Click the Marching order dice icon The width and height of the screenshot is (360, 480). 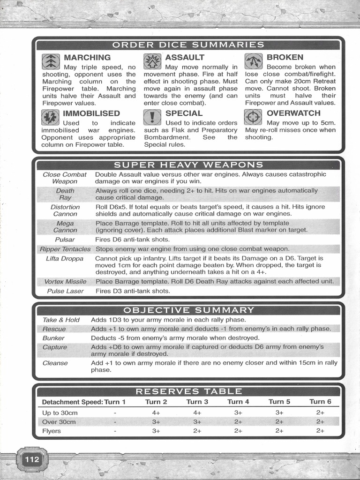pyautogui.click(x=51, y=61)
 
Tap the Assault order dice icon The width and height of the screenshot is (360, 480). pyautogui.click(x=152, y=61)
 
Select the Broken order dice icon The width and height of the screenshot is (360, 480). pyautogui.click(x=253, y=61)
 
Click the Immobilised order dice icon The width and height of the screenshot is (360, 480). pyautogui.click(x=50, y=117)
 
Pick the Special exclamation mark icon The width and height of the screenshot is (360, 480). pyautogui.click(x=152, y=117)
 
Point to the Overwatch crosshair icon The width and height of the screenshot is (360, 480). pyautogui.click(x=253, y=117)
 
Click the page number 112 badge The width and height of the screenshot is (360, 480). pyautogui.click(x=32, y=459)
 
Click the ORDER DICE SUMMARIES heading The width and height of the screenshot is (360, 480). pyautogui.click(x=188, y=45)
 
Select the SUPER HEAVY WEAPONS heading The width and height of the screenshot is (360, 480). pyautogui.click(x=188, y=165)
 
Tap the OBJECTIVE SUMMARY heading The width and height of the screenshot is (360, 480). pyautogui.click(x=188, y=310)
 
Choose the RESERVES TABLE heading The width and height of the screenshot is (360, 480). pyautogui.click(x=188, y=391)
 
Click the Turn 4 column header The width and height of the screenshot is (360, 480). pyautogui.click(x=238, y=402)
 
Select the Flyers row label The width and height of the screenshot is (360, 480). pyautogui.click(x=52, y=431)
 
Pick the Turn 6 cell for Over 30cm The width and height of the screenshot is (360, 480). pyautogui.click(x=320, y=422)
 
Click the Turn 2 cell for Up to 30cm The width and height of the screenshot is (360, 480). pyautogui.click(x=156, y=413)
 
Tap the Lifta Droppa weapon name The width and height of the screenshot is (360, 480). pyautogui.click(x=65, y=258)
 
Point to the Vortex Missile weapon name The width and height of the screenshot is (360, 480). pyautogui.click(x=65, y=282)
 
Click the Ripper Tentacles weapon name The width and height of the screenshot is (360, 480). pyautogui.click(x=65, y=249)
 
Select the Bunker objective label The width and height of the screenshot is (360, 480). pyautogui.click(x=53, y=338)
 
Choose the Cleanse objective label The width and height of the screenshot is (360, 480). pyautogui.click(x=55, y=363)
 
